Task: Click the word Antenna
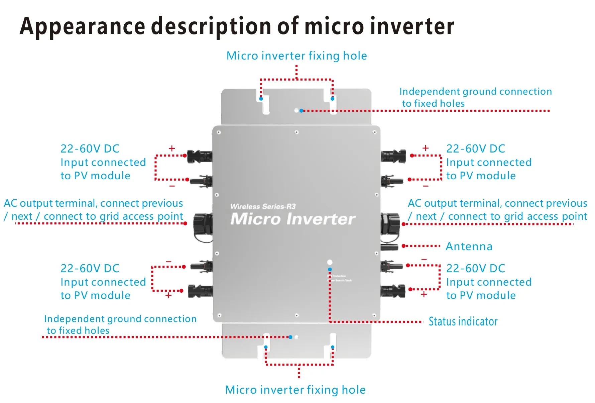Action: (469, 246)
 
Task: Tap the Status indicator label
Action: (463, 321)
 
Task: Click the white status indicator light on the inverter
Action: (330, 262)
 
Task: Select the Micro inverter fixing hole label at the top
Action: (296, 56)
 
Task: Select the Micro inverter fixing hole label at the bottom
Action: (295, 390)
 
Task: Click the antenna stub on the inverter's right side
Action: (389, 247)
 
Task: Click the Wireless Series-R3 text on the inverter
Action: (263, 207)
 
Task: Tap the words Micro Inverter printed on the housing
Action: (293, 219)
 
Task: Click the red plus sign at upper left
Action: (172, 148)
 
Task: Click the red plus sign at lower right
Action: (424, 294)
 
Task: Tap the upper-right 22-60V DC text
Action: (475, 149)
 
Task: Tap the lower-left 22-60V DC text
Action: (90, 269)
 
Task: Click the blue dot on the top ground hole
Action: (302, 111)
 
